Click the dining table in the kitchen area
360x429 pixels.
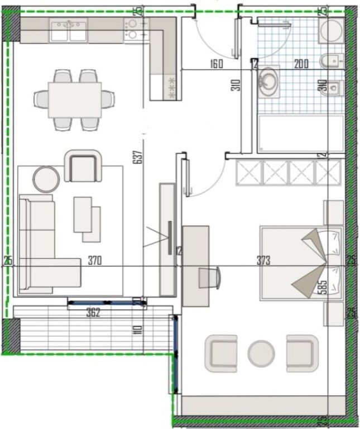(75, 99)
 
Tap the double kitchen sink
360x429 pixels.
(69, 29)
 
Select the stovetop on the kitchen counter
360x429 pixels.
(136, 29)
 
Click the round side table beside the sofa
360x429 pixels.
(46, 179)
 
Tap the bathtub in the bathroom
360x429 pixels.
(301, 133)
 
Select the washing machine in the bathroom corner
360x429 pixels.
(331, 30)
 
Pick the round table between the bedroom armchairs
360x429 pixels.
(261, 354)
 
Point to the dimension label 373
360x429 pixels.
(263, 260)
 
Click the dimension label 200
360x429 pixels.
(301, 64)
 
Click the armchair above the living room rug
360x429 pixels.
(84, 166)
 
